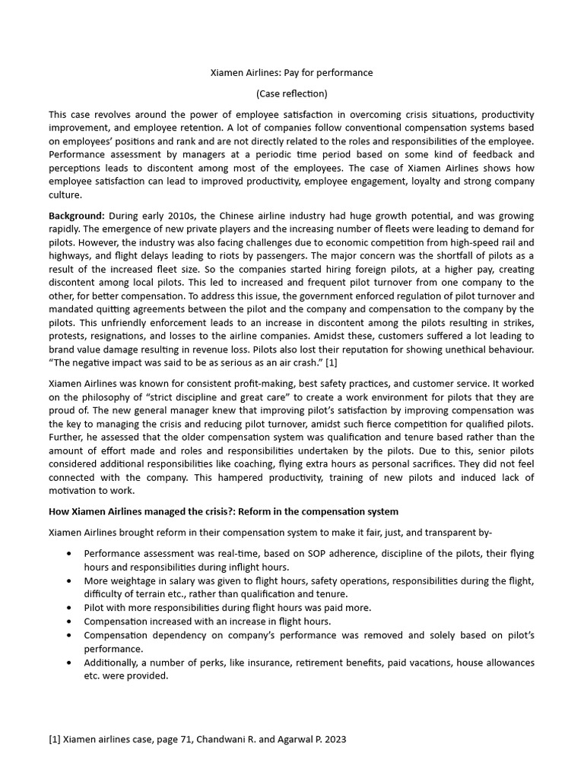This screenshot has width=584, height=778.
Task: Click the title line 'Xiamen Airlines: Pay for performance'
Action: point(291,73)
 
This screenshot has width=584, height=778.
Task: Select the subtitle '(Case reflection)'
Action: point(291,94)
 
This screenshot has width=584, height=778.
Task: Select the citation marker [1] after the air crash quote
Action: point(331,363)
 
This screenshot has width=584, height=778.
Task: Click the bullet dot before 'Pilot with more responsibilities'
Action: point(70,608)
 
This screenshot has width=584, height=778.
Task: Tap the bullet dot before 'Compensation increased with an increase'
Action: point(70,621)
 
